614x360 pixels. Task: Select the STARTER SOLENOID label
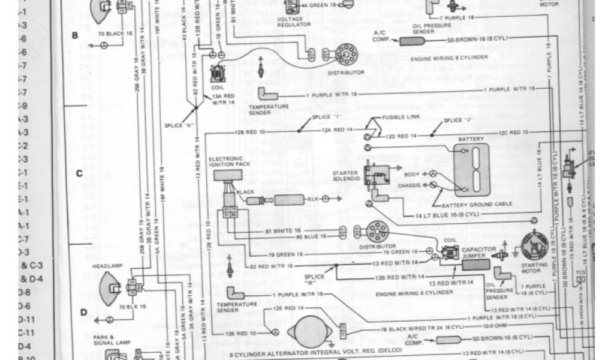[345, 176]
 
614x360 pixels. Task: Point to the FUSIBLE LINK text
[396, 117]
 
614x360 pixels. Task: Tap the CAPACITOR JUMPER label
[478, 253]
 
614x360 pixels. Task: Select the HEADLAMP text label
[103, 264]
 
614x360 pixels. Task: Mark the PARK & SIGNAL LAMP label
[104, 340]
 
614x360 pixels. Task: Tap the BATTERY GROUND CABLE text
[480, 203]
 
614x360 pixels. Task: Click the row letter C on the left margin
[79, 174]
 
